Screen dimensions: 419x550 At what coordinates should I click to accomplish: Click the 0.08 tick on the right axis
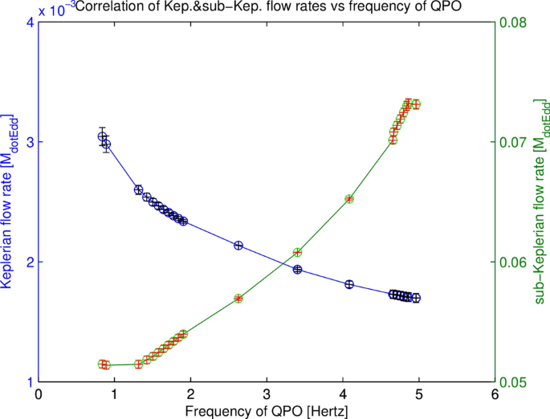[x=515, y=22]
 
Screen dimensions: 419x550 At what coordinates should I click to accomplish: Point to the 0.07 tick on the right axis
[x=515, y=142]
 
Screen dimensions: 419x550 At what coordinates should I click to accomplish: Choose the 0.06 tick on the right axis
[x=515, y=262]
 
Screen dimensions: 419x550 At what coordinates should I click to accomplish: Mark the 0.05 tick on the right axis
[x=515, y=382]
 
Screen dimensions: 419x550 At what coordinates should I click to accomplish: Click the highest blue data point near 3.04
[x=102, y=136]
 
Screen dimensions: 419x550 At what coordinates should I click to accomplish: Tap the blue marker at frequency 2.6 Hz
[x=238, y=246]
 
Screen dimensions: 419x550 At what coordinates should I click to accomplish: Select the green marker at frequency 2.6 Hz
[x=238, y=298]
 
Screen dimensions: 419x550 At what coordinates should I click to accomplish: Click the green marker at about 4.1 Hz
[x=349, y=199]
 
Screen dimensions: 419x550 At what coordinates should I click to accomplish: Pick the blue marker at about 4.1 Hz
[x=349, y=284]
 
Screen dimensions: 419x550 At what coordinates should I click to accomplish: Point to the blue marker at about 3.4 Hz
[x=297, y=270]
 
